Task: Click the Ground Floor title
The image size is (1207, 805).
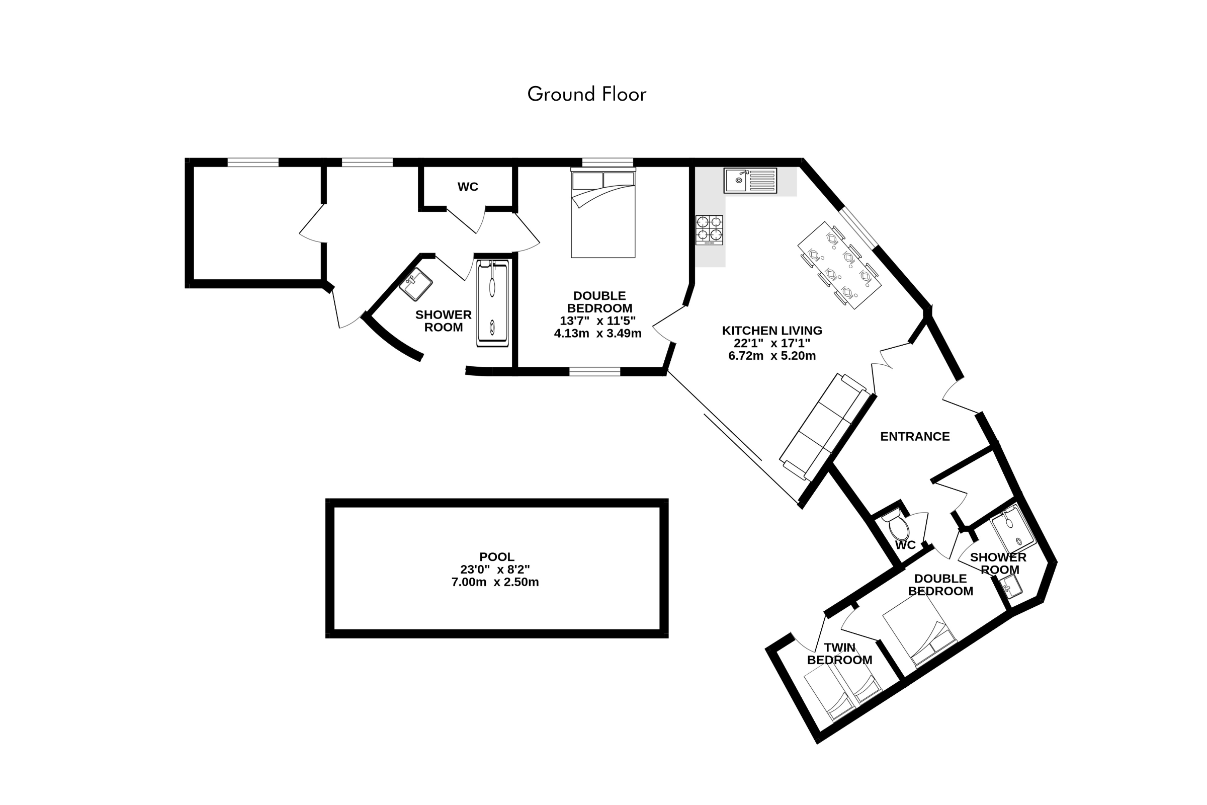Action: (586, 94)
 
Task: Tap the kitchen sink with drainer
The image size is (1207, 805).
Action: (750, 180)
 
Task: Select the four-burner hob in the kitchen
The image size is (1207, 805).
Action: (709, 229)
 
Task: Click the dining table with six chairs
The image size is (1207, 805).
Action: (839, 265)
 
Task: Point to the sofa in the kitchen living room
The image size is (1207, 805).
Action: (825, 427)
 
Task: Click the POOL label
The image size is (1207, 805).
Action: (496, 556)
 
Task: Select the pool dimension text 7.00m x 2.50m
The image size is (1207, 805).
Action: (495, 582)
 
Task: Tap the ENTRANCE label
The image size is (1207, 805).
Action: (915, 436)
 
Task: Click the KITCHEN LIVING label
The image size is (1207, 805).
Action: (772, 331)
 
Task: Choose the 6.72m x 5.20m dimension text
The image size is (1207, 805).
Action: (772, 356)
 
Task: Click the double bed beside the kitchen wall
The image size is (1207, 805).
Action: (603, 212)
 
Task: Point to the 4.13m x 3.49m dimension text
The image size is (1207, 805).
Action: (598, 334)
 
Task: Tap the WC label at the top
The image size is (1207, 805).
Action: (468, 187)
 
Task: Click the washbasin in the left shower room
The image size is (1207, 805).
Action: (416, 284)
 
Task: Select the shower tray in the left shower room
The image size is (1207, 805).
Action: (492, 303)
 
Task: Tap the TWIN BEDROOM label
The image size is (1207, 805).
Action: (839, 654)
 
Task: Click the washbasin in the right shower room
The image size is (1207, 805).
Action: (1010, 587)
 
